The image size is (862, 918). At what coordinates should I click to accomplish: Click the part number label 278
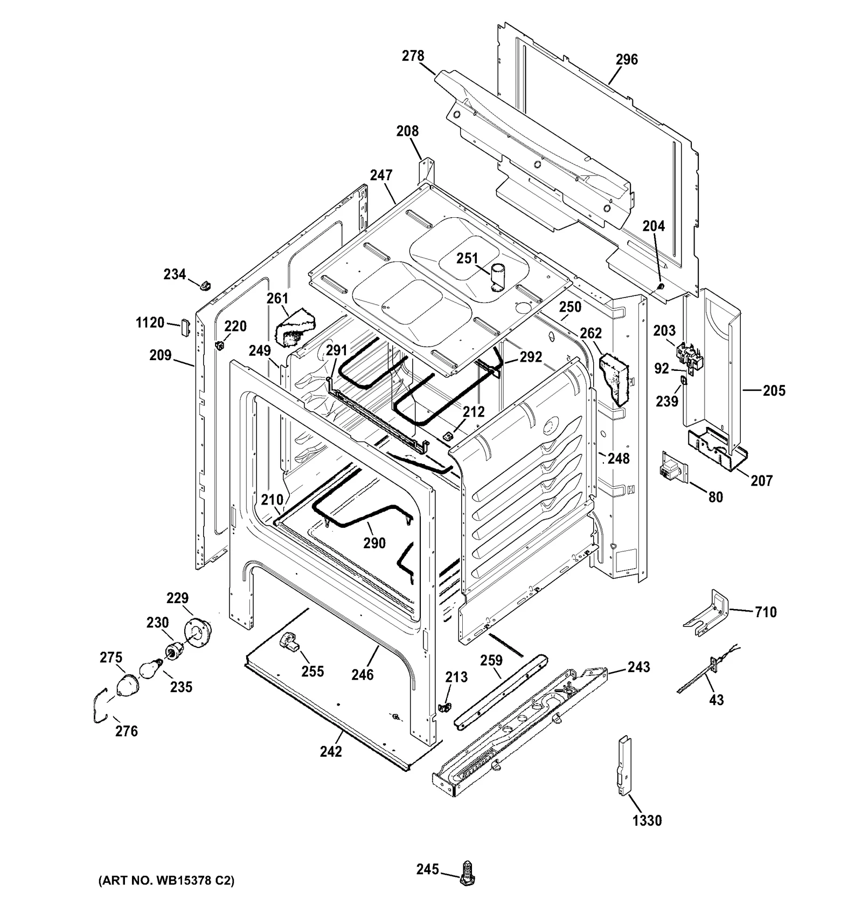pos(413,56)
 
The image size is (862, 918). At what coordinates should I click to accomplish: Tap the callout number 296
pos(627,59)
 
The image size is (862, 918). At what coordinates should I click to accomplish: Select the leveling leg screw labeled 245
pos(467,875)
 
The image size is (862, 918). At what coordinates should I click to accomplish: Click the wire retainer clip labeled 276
pos(100,707)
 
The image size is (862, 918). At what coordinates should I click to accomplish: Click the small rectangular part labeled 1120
pos(184,326)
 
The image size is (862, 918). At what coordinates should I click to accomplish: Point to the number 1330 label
pos(647,821)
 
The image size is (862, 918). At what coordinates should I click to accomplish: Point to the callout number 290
pos(374,543)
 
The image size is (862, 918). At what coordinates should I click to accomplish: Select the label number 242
pos(331,751)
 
